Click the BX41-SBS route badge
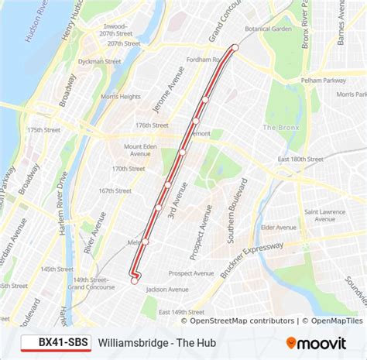55,341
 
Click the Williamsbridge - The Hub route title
156,341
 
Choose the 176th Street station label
152,125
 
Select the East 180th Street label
300,158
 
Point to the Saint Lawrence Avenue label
325,214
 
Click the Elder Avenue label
279,227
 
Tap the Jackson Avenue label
166,290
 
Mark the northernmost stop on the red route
235,47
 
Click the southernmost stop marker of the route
135,281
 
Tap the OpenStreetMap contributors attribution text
242,321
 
